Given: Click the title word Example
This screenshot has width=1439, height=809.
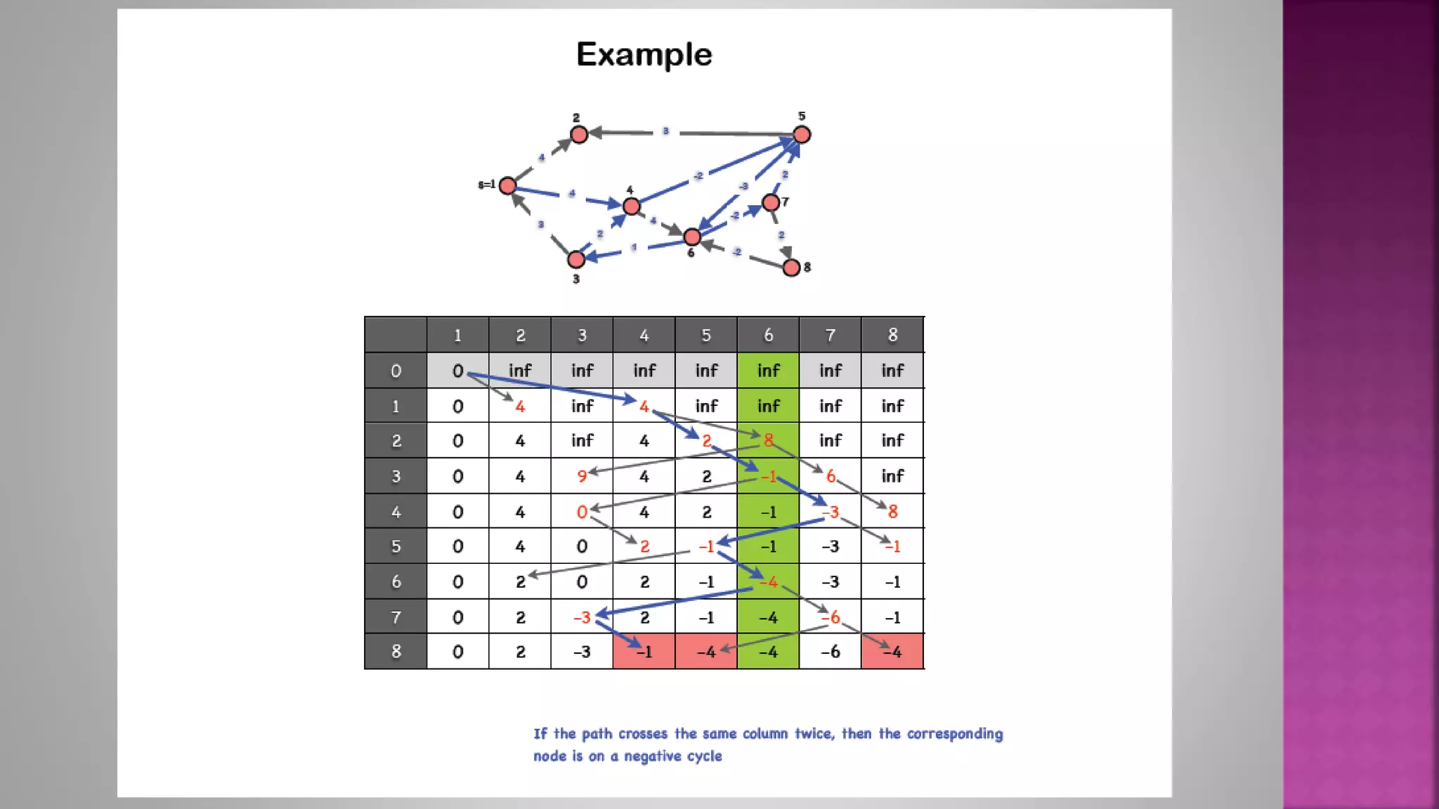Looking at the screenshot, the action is click(x=644, y=55).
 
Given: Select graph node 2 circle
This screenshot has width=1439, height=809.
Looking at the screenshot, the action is click(x=579, y=134).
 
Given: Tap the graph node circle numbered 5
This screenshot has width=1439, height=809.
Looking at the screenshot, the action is click(x=802, y=134).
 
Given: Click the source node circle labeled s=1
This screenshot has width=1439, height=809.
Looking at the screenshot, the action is click(x=507, y=185).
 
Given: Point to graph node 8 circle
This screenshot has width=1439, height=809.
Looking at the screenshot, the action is click(x=791, y=268).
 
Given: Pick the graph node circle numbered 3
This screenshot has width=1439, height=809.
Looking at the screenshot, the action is click(x=576, y=259).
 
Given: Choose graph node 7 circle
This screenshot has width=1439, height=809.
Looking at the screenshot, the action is click(x=771, y=203).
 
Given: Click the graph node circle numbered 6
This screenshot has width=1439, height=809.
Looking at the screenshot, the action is click(x=692, y=237).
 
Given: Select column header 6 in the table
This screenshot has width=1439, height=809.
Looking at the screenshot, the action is click(x=768, y=335).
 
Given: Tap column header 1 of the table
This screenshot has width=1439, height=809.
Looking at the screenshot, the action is click(x=457, y=335).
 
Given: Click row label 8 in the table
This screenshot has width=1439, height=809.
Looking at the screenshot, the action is click(x=396, y=652).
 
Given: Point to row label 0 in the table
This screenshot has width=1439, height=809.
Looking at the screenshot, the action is click(x=396, y=371).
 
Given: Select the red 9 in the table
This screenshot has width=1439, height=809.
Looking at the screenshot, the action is click(x=582, y=476).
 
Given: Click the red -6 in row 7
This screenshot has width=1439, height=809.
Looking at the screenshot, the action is click(x=831, y=617).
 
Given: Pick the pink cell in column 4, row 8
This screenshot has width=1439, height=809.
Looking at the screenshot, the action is click(x=644, y=652).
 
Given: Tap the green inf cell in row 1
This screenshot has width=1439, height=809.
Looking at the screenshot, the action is click(x=768, y=406).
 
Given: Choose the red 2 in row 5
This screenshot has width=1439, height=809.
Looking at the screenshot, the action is click(x=644, y=546).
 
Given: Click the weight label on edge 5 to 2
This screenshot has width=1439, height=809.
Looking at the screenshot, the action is click(x=665, y=131).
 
